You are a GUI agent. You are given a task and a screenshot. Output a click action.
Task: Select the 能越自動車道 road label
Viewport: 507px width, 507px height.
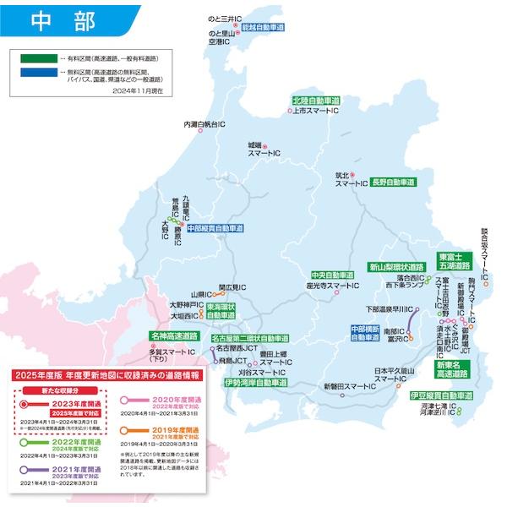point(261,27)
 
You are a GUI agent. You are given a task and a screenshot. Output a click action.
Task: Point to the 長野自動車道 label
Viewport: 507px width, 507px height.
point(393,182)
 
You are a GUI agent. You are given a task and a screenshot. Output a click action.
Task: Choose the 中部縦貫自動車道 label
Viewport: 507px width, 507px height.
point(215,228)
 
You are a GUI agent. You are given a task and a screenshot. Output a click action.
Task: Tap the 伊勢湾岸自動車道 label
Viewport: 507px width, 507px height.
point(256,383)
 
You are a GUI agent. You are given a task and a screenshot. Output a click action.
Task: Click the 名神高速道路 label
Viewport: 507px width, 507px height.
point(174,335)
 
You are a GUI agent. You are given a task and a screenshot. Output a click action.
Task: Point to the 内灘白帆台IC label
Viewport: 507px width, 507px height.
point(204,124)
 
